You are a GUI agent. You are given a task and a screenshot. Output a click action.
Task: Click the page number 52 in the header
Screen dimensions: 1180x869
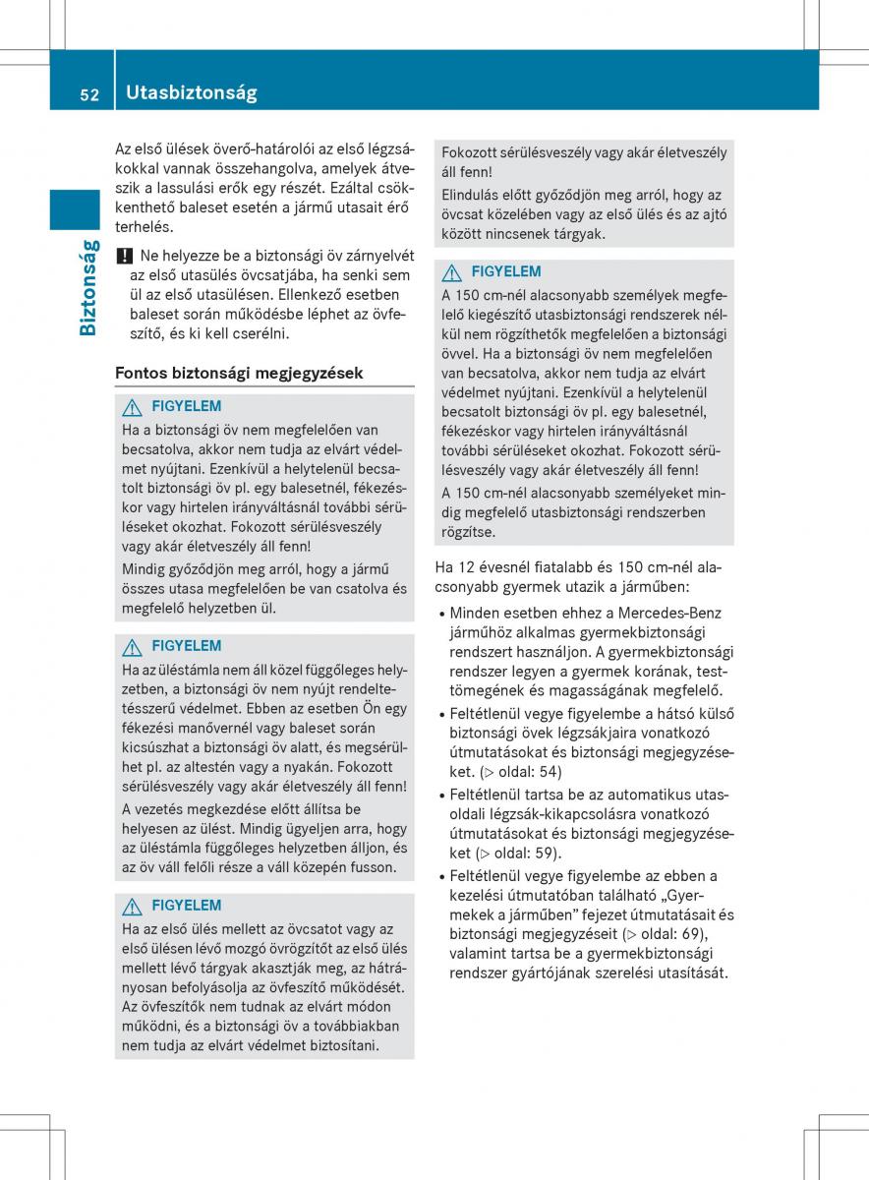90,94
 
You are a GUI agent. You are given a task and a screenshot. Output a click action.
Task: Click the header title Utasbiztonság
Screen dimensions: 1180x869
192,92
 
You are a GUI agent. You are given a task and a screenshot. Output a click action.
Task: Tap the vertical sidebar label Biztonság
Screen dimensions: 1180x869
87,287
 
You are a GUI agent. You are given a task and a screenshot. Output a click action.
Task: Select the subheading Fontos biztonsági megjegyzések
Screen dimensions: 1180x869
239,373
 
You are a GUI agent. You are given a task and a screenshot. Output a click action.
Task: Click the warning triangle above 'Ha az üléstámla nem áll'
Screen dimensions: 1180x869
131,646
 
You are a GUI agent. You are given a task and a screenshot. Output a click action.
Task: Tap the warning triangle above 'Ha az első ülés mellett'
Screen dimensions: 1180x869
131,906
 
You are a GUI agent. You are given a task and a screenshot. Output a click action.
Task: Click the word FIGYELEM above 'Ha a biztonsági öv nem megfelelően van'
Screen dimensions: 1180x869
187,406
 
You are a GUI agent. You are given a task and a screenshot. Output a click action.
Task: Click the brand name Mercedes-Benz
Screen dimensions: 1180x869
679,613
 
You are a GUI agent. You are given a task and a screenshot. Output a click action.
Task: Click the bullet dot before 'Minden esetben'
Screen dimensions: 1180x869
442,614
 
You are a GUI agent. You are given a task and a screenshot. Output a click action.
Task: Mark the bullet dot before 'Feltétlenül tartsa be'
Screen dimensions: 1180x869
442,795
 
